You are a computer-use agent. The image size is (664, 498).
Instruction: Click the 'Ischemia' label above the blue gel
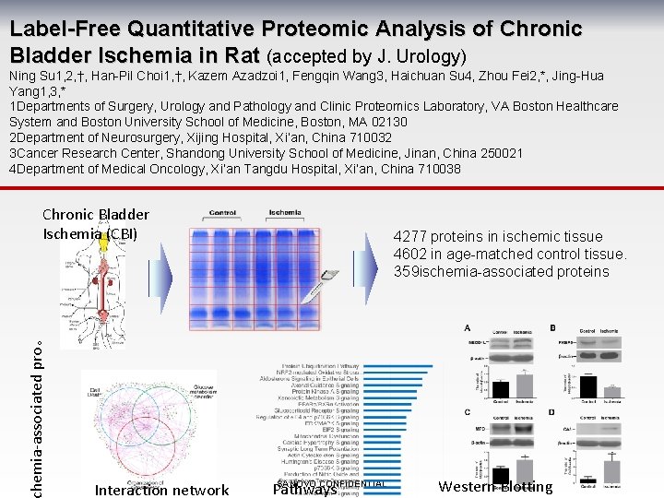click(x=285, y=213)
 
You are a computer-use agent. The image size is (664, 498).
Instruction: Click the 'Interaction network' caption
click(x=161, y=490)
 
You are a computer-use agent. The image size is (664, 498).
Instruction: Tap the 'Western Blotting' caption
click(x=495, y=487)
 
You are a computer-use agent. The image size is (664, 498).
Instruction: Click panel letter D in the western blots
click(x=552, y=412)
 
